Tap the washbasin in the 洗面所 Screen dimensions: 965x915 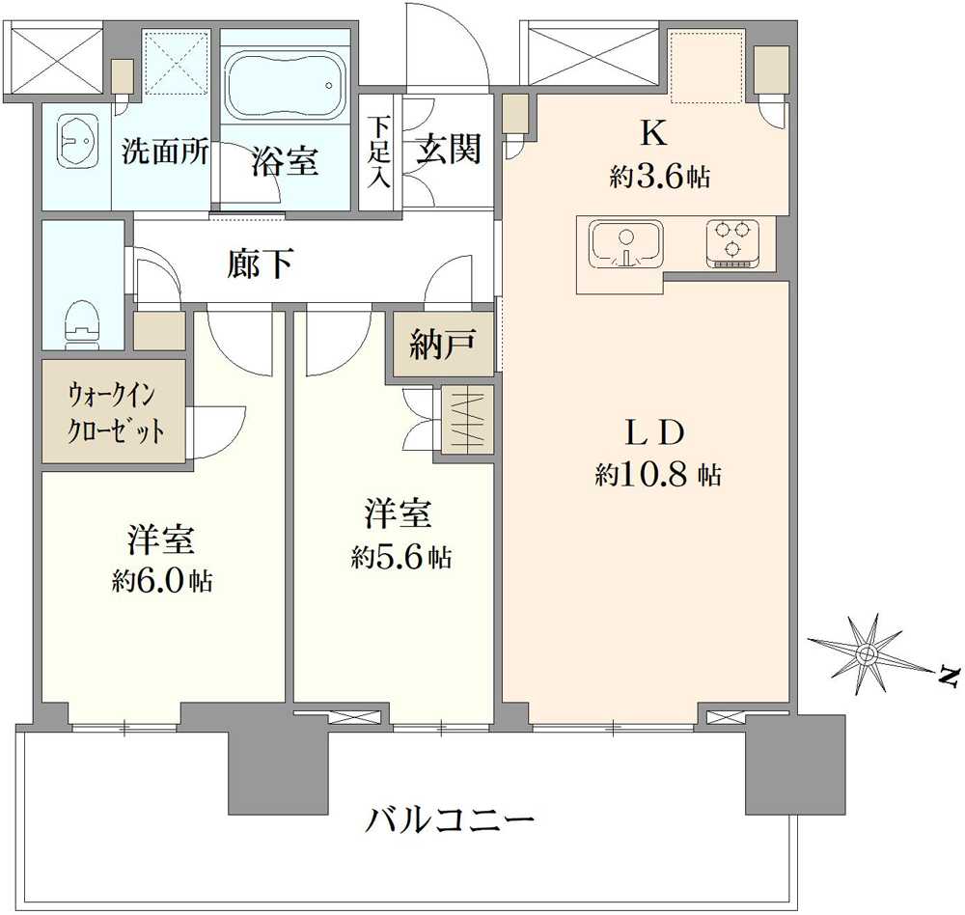77,140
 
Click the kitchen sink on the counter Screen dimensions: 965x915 626,244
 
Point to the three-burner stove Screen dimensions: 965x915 732,243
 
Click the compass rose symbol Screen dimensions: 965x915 868,652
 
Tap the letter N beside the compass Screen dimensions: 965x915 950,677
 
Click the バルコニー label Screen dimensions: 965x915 450,819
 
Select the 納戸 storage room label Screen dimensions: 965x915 443,345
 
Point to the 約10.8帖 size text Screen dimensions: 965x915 657,475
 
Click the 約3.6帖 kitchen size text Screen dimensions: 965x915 659,178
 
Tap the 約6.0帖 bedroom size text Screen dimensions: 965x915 162,580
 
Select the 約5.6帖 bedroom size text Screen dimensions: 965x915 401,557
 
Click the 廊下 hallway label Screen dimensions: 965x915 260,263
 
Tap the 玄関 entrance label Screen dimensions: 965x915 448,149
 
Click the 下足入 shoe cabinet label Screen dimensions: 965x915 379,152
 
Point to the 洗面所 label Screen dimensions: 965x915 165,151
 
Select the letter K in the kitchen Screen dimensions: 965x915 654,132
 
